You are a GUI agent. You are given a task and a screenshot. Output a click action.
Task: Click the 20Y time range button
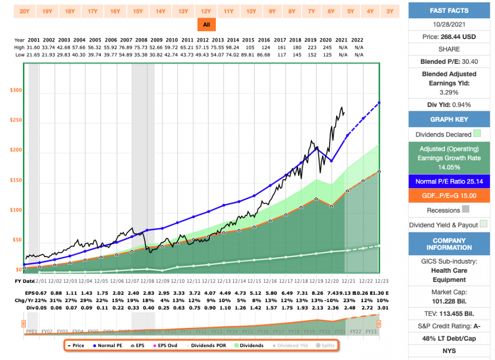pyautogui.click(x=24, y=10)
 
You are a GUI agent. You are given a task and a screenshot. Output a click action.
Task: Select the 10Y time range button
pyautogui.click(x=251, y=10)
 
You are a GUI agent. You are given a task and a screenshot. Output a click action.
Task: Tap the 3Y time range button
pyautogui.click(x=390, y=10)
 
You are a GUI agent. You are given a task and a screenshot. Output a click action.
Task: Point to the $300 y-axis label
pyautogui.click(x=17, y=90)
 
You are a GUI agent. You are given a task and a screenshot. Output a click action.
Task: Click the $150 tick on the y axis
pyautogui.click(x=17, y=181)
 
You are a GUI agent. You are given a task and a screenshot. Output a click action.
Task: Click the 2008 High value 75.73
pyautogui.click(x=142, y=47)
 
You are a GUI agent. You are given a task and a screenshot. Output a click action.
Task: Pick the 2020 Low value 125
pyautogui.click(x=326, y=54)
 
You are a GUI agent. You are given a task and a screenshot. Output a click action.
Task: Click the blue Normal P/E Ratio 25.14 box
pyautogui.click(x=449, y=181)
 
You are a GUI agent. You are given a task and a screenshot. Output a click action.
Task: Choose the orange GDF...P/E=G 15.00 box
pyautogui.click(x=449, y=196)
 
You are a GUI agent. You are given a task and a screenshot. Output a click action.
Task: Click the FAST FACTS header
pyautogui.click(x=449, y=10)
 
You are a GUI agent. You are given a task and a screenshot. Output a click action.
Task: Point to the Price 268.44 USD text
pyautogui.click(x=449, y=36)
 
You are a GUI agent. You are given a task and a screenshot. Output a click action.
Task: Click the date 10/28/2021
pyautogui.click(x=449, y=24)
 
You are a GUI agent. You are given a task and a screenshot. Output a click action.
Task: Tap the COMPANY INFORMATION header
pyautogui.click(x=449, y=244)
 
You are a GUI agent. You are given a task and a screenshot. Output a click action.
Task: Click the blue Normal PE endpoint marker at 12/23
pyautogui.click(x=379, y=102)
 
